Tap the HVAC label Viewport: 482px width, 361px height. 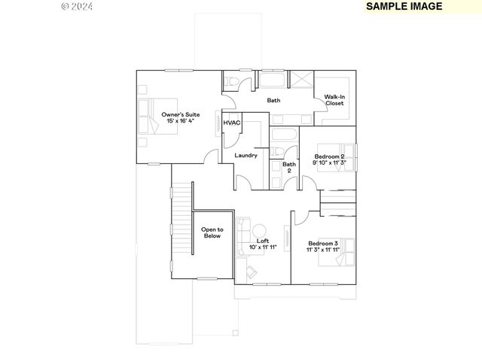pyautogui.click(x=232, y=123)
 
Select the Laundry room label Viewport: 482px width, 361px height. pyautogui.click(x=246, y=156)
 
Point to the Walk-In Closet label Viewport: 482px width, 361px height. pyautogui.click(x=334, y=100)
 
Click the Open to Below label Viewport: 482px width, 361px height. pyautogui.click(x=212, y=232)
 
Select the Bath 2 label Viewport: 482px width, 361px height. pyautogui.click(x=288, y=167)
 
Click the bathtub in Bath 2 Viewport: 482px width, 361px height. pyautogui.click(x=284, y=135)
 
